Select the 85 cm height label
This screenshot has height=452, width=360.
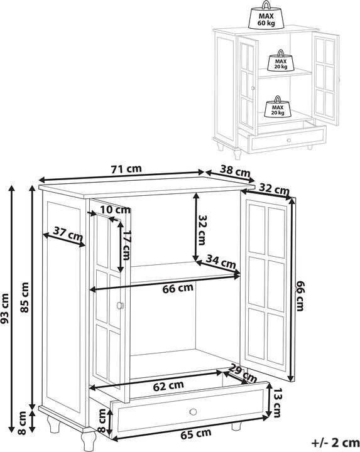point(25,298)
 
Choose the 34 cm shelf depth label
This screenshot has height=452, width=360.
point(221,262)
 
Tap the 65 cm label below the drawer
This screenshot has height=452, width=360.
point(195,433)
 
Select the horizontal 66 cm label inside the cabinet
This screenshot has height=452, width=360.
point(178,288)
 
